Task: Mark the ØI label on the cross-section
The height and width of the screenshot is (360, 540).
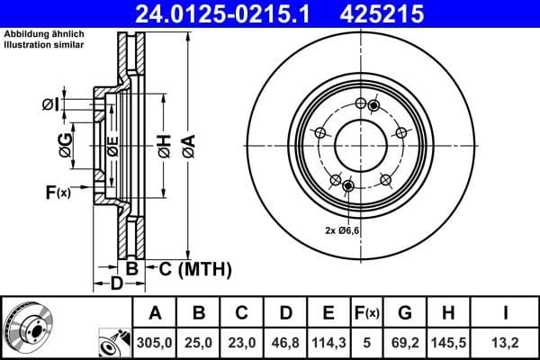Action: click(50, 104)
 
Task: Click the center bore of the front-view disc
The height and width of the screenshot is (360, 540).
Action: click(357, 143)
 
